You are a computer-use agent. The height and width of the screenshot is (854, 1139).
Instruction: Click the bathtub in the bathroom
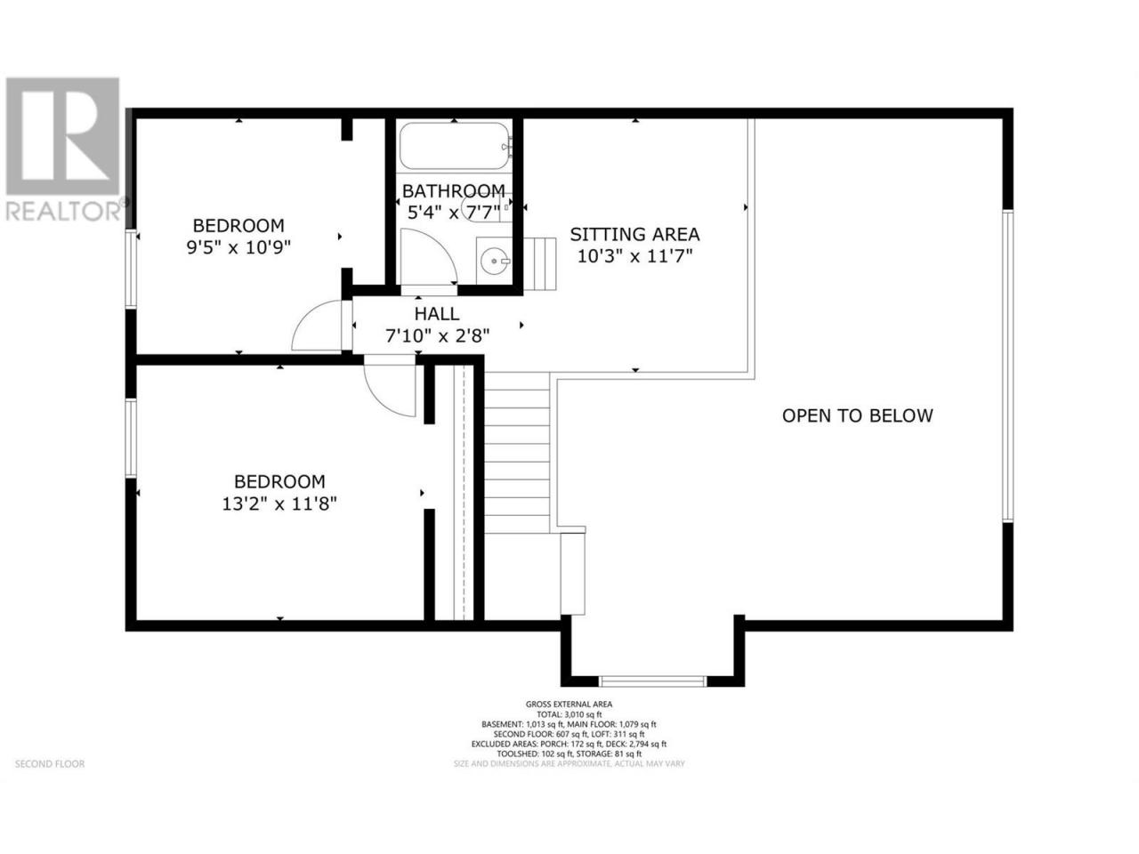pos(454,146)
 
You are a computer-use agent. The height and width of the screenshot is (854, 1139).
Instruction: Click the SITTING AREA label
pos(634,234)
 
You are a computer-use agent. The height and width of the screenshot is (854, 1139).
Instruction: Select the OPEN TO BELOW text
pos(857,415)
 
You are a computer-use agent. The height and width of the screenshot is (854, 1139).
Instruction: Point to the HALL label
pos(436,314)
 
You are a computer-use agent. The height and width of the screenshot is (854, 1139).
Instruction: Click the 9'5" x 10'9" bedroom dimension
pos(238,247)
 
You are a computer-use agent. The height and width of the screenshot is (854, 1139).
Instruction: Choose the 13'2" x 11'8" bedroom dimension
pos(279,504)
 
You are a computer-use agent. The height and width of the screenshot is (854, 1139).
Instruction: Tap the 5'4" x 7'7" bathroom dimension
pos(454,213)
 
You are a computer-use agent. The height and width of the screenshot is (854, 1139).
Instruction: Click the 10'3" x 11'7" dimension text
pos(635,256)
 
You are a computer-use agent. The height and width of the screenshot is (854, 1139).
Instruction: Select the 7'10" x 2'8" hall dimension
pos(437,336)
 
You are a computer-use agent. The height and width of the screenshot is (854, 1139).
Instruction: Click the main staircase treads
pos(517,453)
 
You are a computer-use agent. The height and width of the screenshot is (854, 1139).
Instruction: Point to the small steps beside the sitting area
pos(539,264)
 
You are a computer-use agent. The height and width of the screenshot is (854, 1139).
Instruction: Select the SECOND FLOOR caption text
pos(50,764)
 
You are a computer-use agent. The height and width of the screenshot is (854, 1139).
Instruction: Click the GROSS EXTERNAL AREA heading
pos(569,705)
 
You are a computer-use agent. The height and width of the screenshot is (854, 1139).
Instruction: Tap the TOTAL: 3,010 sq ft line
pos(569,714)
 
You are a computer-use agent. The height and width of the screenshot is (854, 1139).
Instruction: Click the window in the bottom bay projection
pos(652,681)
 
